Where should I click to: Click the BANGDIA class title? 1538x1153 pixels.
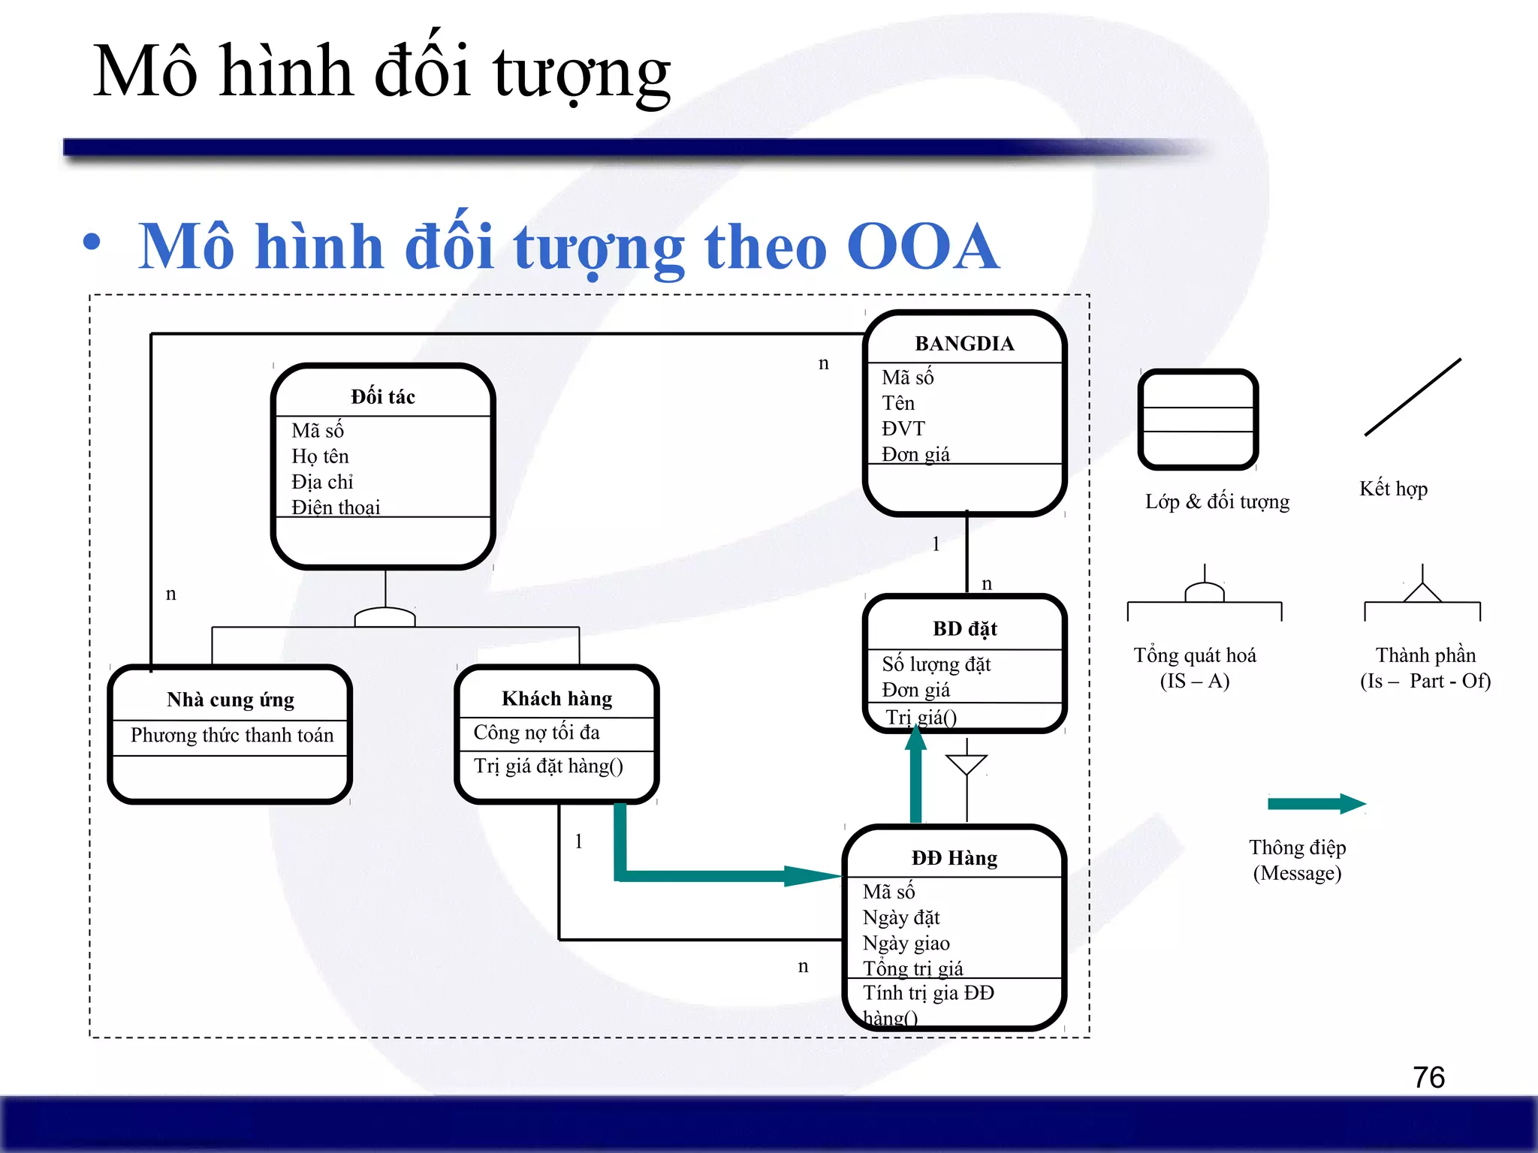[964, 344]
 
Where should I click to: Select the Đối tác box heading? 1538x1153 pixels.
[382, 396]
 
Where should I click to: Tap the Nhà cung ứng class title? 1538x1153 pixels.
[230, 700]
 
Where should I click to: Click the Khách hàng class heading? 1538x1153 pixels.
[556, 699]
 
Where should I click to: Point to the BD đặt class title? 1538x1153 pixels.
[964, 628]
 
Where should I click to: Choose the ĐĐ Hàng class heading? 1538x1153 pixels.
[954, 858]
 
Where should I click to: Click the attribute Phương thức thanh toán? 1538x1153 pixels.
[231, 735]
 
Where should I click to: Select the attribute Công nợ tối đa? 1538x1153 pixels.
[536, 732]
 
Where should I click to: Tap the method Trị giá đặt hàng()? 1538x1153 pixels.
[548, 766]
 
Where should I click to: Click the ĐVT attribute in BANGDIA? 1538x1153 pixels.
[903, 429]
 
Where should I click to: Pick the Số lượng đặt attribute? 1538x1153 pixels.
[936, 664]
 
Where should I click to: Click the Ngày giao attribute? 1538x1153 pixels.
[906, 943]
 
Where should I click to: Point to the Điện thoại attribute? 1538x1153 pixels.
[336, 507]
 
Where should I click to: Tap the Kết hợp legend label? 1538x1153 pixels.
[1393, 489]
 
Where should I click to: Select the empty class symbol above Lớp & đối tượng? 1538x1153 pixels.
[1198, 419]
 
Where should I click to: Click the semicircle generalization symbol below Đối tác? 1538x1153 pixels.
[384, 618]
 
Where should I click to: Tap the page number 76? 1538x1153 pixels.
[1428, 1077]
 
